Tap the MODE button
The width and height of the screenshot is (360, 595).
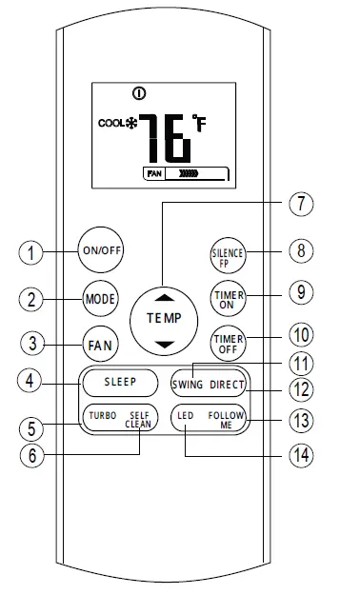(100, 297)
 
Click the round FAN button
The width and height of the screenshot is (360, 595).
(100, 344)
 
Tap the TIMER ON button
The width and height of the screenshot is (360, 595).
(228, 297)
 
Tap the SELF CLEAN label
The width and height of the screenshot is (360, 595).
(139, 421)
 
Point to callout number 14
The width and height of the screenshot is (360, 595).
(303, 453)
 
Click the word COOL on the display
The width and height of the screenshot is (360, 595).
(110, 124)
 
